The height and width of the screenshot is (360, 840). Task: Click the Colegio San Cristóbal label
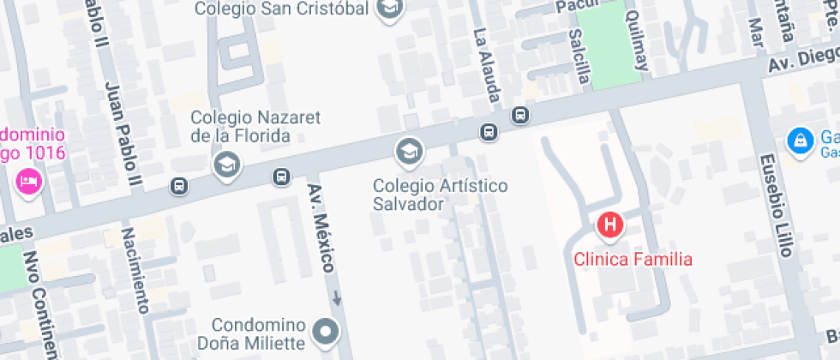pos(283,9)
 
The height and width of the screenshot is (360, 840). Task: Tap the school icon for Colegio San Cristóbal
pos(391,9)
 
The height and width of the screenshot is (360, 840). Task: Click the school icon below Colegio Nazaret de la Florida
pos(226,164)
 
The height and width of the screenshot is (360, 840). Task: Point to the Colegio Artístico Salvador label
pos(441,195)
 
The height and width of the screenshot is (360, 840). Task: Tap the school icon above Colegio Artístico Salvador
pos(409,152)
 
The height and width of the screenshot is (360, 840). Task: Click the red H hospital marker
pos(609,225)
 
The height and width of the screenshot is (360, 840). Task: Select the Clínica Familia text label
pos(633,259)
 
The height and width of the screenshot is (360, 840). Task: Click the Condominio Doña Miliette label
pos(258,334)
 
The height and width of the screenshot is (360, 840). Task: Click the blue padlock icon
pos(800,139)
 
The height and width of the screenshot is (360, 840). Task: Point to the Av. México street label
pos(321,229)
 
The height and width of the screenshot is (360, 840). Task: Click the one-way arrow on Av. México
pos(337,299)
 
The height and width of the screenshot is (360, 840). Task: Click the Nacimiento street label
pos(135,271)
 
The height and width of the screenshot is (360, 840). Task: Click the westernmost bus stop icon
pos(178,185)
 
